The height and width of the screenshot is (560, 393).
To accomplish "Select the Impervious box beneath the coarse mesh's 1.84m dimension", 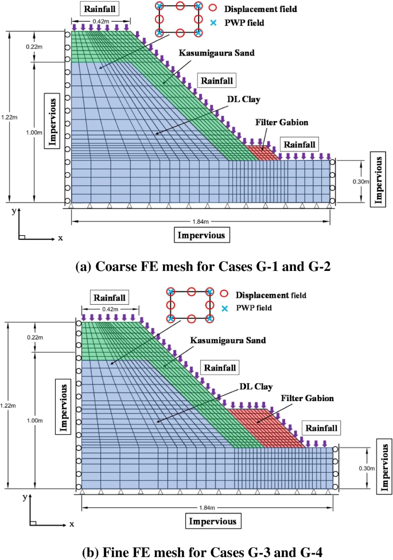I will (202, 235).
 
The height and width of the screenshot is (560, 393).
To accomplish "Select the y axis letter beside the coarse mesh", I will (13, 211).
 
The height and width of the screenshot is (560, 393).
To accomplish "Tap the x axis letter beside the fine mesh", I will (72, 524).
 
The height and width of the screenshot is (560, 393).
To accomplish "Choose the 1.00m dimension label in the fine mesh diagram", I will (36, 421).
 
